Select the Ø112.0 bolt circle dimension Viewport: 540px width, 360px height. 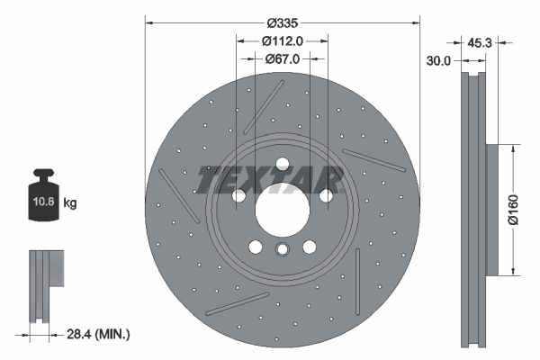coord(282,40)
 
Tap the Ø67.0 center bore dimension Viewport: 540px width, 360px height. coord(282,58)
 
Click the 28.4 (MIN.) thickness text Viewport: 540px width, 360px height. coord(98,334)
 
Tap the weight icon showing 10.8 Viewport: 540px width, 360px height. coord(45,197)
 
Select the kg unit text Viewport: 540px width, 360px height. coord(70,203)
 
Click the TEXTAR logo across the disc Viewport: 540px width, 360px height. coord(270,178)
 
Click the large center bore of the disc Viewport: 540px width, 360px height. coord(282,211)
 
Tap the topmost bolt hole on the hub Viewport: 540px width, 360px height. coord(282,165)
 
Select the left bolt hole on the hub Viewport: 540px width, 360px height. coord(238,195)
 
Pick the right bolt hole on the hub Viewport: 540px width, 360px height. coord(326,195)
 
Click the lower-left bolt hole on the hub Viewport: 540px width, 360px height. coord(255,247)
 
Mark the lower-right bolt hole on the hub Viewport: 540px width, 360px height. coord(310,247)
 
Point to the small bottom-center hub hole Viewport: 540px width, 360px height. coord(282,251)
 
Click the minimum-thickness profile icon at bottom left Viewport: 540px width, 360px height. coord(46,284)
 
